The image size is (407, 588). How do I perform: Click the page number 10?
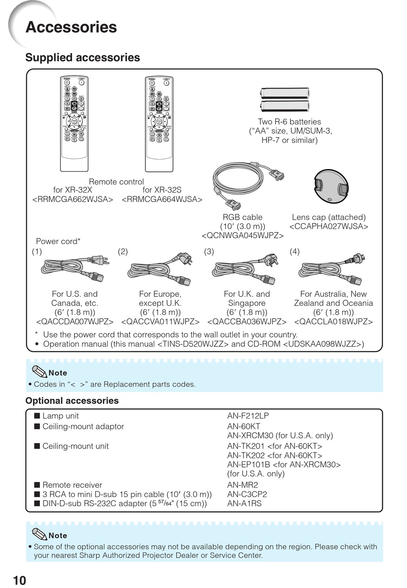(19, 580)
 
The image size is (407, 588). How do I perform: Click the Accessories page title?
(71, 27)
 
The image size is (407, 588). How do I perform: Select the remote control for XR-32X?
(74, 124)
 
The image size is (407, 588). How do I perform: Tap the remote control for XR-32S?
(159, 124)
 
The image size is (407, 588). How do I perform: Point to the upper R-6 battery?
(284, 93)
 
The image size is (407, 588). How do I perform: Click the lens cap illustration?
(331, 186)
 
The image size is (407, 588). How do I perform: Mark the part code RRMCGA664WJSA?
(162, 199)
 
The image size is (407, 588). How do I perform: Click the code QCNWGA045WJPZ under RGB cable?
(242, 235)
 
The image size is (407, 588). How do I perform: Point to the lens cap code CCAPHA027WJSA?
(329, 226)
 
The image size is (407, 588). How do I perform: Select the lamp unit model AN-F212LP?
(248, 416)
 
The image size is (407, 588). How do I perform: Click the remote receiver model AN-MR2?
(242, 485)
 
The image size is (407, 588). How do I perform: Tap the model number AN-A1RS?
(244, 504)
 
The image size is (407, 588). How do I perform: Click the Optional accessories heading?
(72, 401)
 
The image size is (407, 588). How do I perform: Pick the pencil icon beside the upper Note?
(39, 371)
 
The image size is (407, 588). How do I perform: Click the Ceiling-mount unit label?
(75, 446)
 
